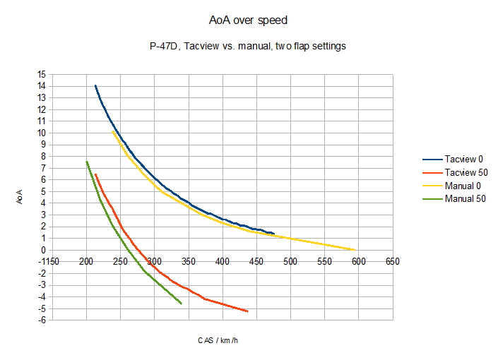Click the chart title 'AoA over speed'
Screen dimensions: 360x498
(248, 20)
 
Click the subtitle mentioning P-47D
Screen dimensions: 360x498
(248, 47)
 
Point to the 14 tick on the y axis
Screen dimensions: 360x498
(42, 86)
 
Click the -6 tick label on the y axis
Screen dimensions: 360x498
(42, 320)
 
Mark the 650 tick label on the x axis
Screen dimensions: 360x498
(393, 262)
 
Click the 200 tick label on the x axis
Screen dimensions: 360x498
(86, 262)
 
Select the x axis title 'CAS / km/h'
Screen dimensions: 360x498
(223, 340)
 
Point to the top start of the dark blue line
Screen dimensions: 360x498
(95, 85)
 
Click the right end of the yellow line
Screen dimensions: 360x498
(355, 250)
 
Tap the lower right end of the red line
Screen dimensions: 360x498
(247, 311)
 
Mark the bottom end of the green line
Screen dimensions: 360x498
(182, 304)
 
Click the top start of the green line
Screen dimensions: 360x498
(86, 162)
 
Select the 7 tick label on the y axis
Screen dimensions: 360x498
(42, 168)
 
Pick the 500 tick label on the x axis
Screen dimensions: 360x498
(290, 262)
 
